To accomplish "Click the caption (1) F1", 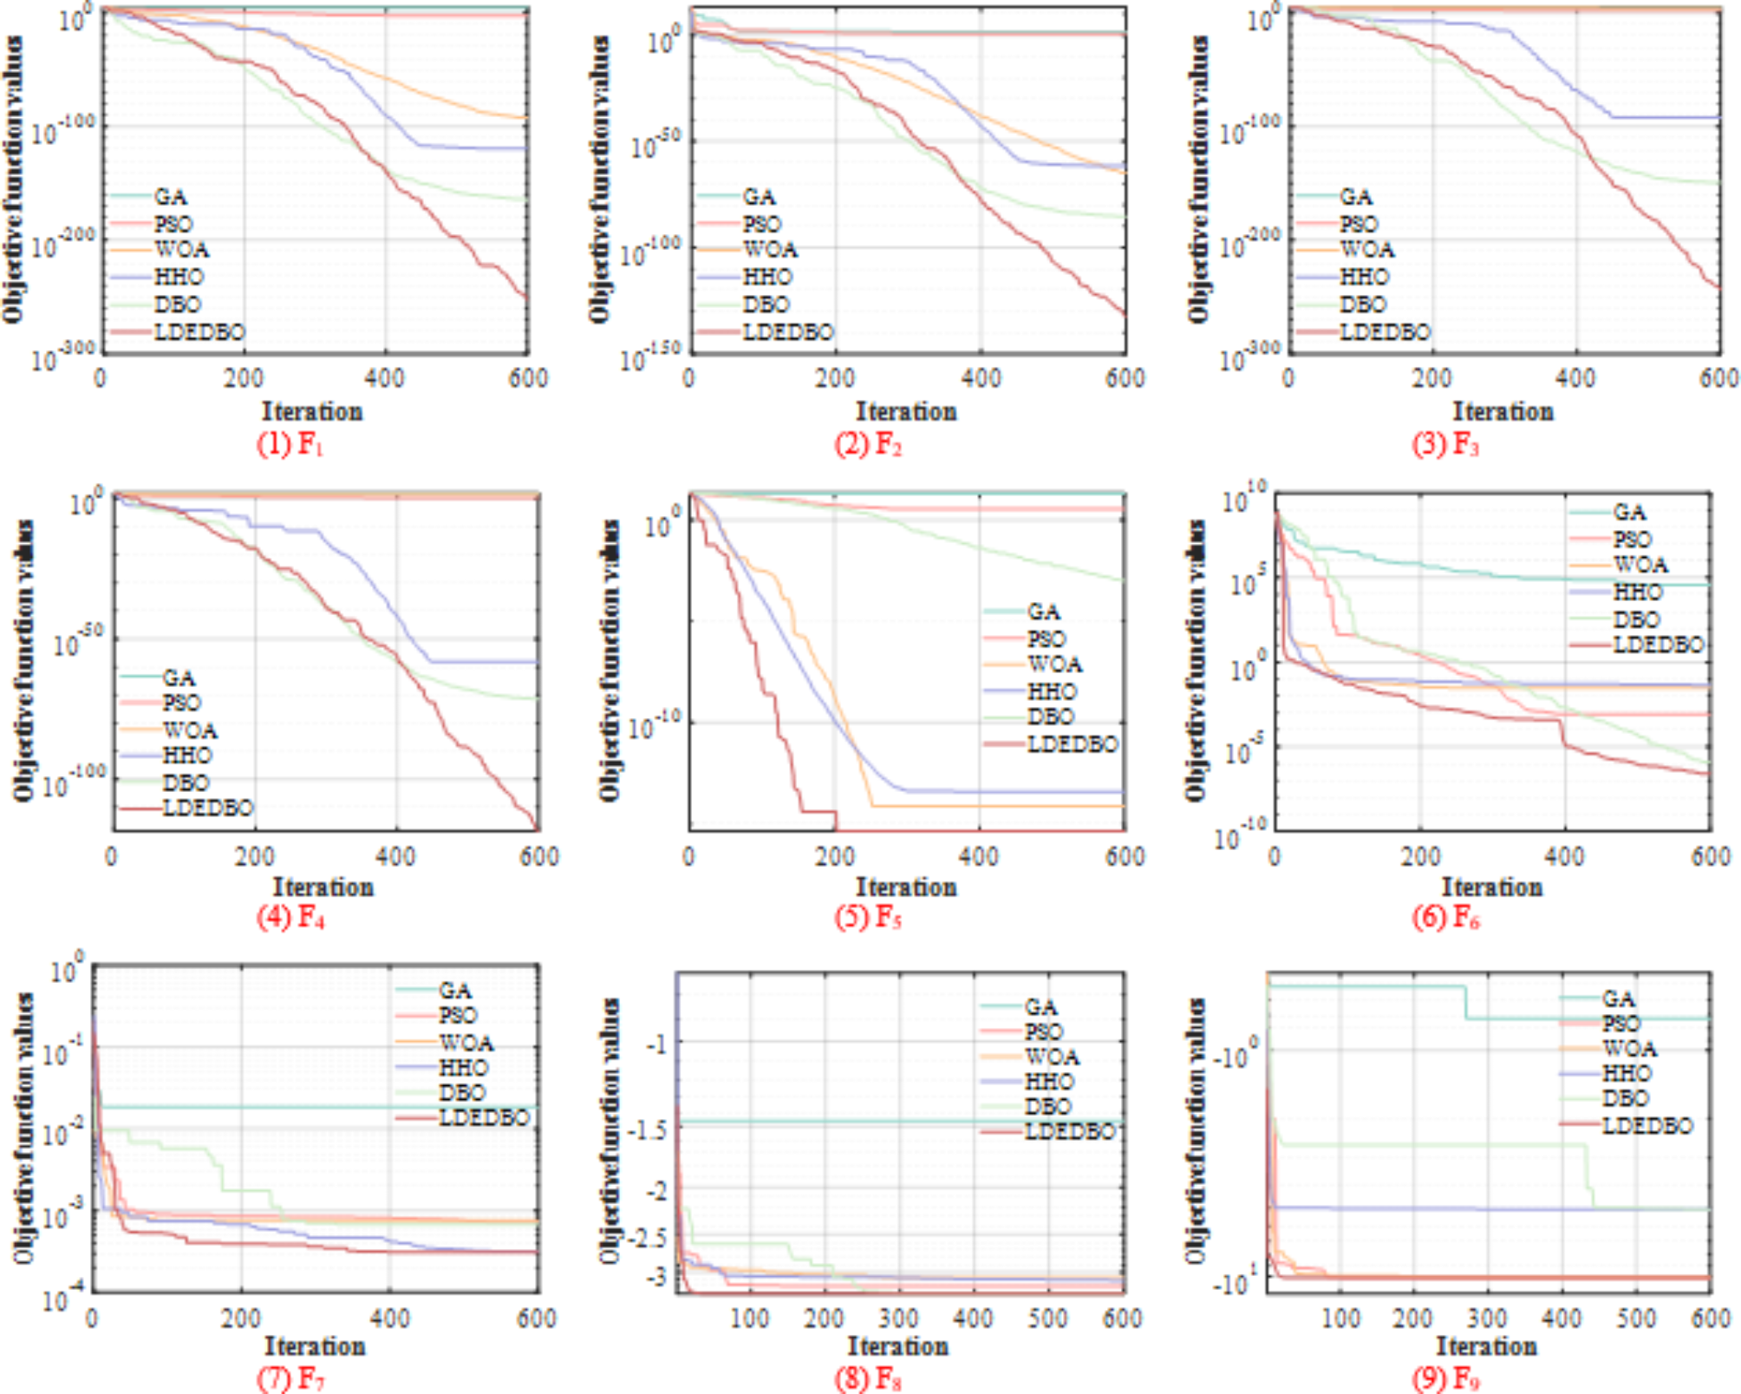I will (290, 444).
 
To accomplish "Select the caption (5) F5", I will (868, 917).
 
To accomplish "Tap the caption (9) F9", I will (1445, 1378).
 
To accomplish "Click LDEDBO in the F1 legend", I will (199, 332).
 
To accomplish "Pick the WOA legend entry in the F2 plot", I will (769, 250).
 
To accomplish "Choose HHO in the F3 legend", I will (1364, 277).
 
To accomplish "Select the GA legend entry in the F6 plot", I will (1629, 512).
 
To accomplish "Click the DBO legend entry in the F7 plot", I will (461, 1093).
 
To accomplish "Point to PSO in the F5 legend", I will (1046, 639).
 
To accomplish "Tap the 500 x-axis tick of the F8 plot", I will (1047, 1319).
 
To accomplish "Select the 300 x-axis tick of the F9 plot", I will (1487, 1319).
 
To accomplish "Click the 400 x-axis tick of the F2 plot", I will (981, 378).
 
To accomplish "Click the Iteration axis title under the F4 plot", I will (323, 887).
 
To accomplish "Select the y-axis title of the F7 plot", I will (25, 1128).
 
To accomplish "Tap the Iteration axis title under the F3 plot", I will (1503, 411).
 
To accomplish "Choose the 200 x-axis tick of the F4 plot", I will (254, 857).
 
